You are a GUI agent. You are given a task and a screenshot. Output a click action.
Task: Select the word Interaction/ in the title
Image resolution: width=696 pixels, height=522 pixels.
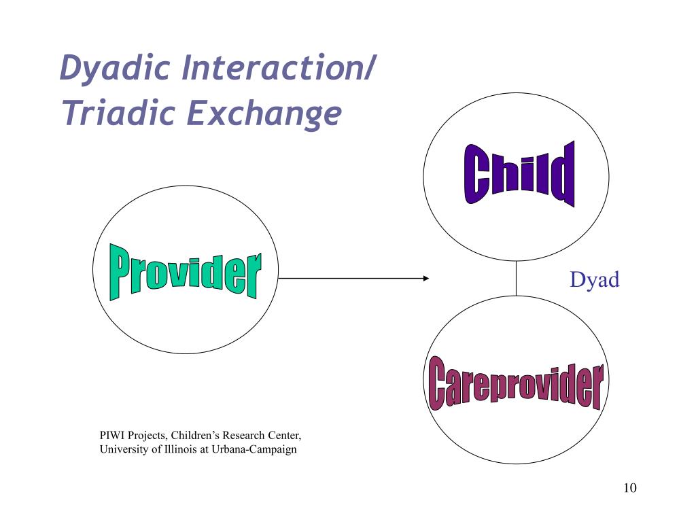[277, 69]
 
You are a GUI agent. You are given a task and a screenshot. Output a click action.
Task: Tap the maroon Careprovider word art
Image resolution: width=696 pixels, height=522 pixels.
[516, 385]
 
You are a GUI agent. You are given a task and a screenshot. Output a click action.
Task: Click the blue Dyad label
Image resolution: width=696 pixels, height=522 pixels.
[595, 279]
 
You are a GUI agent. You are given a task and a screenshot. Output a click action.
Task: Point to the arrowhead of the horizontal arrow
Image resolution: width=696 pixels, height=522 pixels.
[426, 278]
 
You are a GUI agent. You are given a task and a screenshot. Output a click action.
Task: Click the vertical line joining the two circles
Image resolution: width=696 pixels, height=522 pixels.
[516, 278]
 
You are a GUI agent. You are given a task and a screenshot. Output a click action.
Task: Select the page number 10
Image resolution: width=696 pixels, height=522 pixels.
[629, 488]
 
